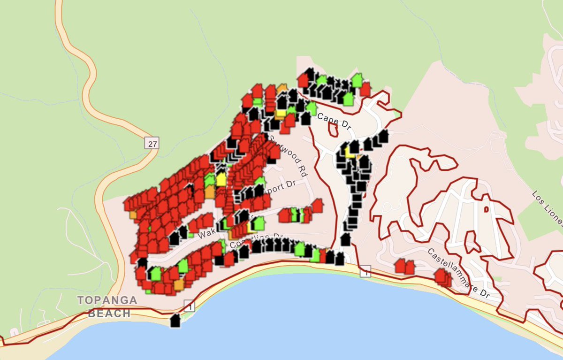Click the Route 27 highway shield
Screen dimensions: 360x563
click(152, 143)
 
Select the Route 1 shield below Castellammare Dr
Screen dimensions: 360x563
click(365, 271)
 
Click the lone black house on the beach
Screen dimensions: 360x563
click(175, 321)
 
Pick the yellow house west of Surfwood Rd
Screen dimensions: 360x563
click(221, 179)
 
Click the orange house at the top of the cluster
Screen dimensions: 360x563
click(282, 89)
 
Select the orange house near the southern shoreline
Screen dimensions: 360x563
click(179, 284)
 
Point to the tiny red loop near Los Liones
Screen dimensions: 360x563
click(486, 209)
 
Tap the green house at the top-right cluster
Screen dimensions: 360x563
click(357, 80)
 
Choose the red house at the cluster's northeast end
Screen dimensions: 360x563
click(365, 89)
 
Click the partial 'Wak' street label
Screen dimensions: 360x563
click(205, 233)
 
